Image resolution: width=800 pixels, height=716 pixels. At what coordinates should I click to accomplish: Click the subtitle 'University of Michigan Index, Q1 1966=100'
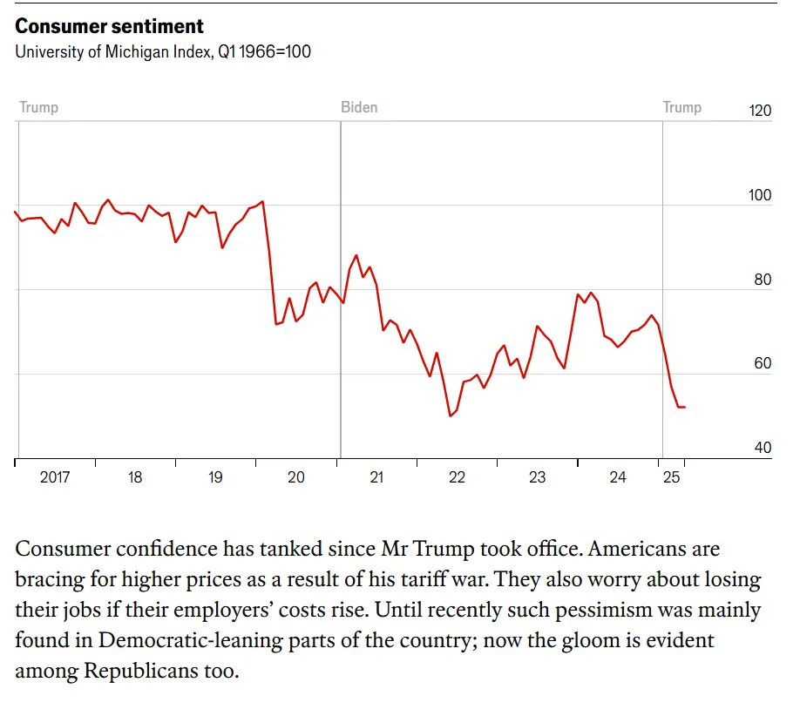tap(163, 51)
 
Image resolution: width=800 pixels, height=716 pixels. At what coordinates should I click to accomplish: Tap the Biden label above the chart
tap(359, 108)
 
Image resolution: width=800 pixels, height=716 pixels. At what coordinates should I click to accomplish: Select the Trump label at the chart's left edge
tap(38, 108)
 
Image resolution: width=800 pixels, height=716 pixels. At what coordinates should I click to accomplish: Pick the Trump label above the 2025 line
tap(681, 108)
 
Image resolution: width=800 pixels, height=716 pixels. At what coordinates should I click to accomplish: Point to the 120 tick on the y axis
tap(760, 111)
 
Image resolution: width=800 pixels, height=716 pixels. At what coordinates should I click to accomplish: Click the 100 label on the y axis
tap(760, 195)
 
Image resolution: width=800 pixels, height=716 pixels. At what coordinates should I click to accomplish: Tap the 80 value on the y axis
tap(762, 280)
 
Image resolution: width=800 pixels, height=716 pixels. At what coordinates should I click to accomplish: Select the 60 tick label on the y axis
tap(762, 363)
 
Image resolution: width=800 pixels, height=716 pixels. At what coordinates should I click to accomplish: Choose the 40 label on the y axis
tap(762, 448)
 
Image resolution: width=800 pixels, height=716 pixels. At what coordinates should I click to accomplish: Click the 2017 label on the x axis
tap(55, 477)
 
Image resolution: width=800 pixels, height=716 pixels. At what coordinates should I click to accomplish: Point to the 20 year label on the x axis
tap(296, 477)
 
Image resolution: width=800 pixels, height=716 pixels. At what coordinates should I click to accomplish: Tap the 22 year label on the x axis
tap(457, 477)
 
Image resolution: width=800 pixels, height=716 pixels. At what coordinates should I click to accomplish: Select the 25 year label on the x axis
tap(671, 477)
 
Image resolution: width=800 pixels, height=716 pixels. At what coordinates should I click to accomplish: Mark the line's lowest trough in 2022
tap(450, 416)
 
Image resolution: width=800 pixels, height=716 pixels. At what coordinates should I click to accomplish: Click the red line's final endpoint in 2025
tap(684, 407)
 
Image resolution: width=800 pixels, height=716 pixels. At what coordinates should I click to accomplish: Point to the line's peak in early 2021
tap(356, 255)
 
